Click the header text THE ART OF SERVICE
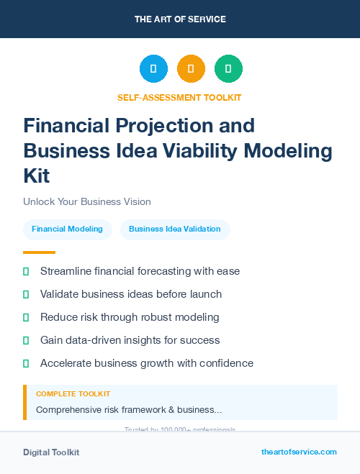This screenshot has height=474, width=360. click(180, 19)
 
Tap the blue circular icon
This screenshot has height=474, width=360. click(153, 69)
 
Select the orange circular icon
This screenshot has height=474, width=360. click(191, 69)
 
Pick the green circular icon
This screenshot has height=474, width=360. click(228, 69)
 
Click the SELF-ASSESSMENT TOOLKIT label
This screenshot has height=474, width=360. click(179, 97)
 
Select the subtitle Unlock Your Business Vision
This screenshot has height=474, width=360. click(87, 201)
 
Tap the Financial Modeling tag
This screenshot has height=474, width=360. click(68, 229)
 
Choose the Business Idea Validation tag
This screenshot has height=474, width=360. click(175, 229)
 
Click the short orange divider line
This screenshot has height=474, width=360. click(39, 252)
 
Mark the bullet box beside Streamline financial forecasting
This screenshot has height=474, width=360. click(26, 271)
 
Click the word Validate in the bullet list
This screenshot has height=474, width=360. click(60, 294)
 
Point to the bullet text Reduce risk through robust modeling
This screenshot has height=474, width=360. click(130, 317)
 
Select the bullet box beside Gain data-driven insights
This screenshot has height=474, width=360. click(26, 340)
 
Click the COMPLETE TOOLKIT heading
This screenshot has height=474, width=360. click(73, 394)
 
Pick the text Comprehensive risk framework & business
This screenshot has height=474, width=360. click(129, 410)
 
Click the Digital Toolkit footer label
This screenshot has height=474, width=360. click(51, 452)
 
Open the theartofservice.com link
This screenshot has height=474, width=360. click(299, 452)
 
